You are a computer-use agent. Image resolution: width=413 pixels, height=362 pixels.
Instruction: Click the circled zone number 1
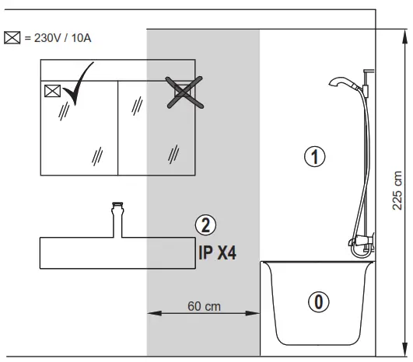(313, 156)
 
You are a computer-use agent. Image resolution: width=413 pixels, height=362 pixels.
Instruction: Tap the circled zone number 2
(205, 226)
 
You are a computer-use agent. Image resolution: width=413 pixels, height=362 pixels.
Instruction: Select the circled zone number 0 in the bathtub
(317, 301)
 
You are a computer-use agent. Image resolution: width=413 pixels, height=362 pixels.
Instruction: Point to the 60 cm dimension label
(204, 306)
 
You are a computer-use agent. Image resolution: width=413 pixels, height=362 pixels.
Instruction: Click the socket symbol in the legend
(11, 37)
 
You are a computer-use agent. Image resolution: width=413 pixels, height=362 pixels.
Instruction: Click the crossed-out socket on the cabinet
(181, 92)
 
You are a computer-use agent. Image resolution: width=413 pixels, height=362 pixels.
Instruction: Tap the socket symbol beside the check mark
(52, 90)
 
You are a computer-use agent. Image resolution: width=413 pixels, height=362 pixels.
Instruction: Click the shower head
(341, 82)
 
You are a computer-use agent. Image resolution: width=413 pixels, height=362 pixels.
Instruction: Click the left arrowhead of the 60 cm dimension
(152, 314)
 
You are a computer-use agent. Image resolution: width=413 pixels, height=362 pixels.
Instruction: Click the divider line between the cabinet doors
(117, 128)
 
